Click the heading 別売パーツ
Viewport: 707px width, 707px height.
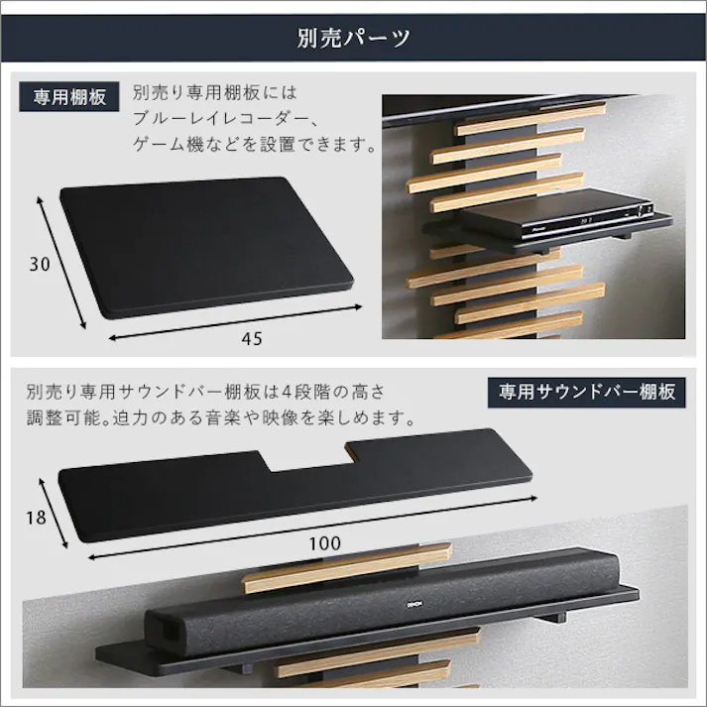(x=353, y=39)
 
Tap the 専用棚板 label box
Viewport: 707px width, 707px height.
(x=69, y=97)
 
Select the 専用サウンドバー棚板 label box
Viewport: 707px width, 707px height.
(x=586, y=392)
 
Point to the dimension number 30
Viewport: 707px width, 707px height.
(x=40, y=265)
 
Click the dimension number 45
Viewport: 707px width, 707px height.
(x=252, y=339)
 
